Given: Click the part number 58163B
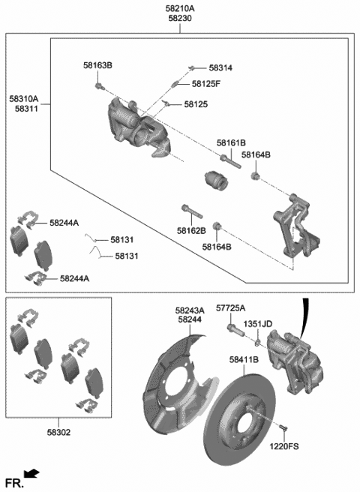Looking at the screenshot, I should (97, 66).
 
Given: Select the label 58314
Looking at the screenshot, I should (220, 67).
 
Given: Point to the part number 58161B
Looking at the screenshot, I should (232, 142).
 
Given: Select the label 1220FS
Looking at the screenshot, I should (284, 446).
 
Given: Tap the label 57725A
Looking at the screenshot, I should (231, 308).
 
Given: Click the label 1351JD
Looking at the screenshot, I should (258, 324).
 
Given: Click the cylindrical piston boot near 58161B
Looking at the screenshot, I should (216, 181).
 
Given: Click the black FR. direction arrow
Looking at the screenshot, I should (31, 474).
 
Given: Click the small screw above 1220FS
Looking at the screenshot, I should (283, 427).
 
